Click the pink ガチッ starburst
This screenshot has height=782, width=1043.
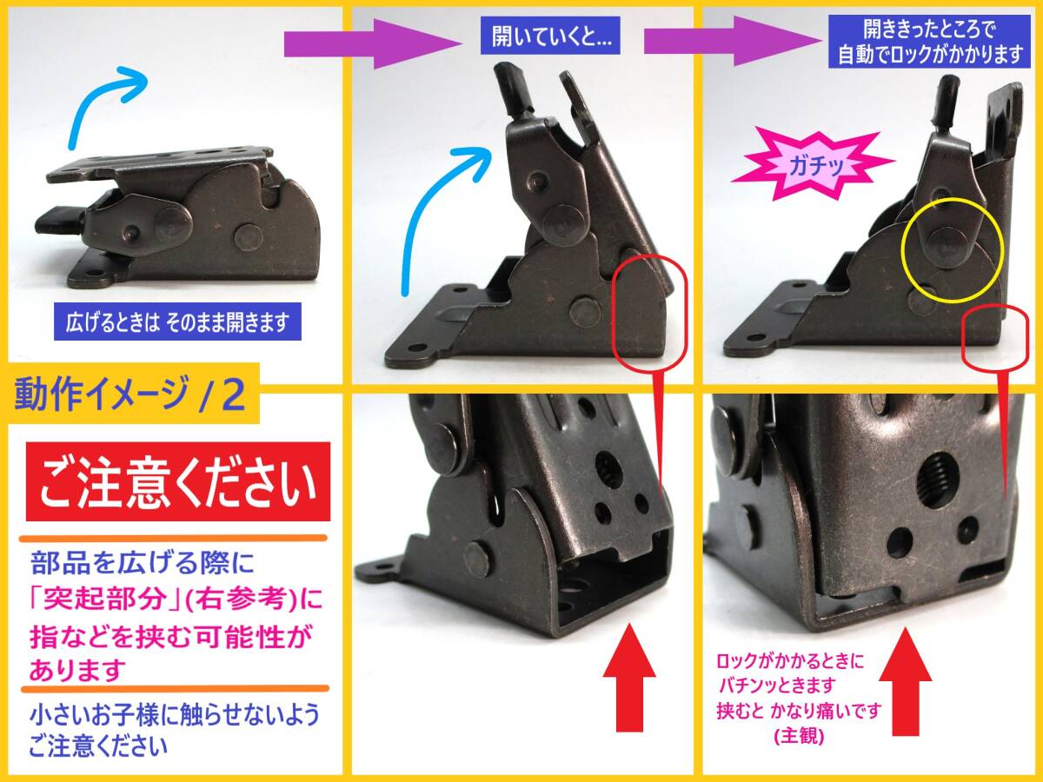coord(813,165)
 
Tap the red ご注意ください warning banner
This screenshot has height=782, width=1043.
coord(177,481)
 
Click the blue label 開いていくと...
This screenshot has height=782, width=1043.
coord(550,36)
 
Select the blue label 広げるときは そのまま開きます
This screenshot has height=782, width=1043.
coord(177,321)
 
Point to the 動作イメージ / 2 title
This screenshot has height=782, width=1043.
coord(130,393)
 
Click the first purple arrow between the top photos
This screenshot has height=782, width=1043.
coord(373,44)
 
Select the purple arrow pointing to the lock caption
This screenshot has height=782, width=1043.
coord(729,41)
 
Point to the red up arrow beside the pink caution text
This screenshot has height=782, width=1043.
coord(905,681)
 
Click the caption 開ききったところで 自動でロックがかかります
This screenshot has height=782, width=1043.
coord(929,42)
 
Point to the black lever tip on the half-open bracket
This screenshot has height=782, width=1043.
coord(508,85)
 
